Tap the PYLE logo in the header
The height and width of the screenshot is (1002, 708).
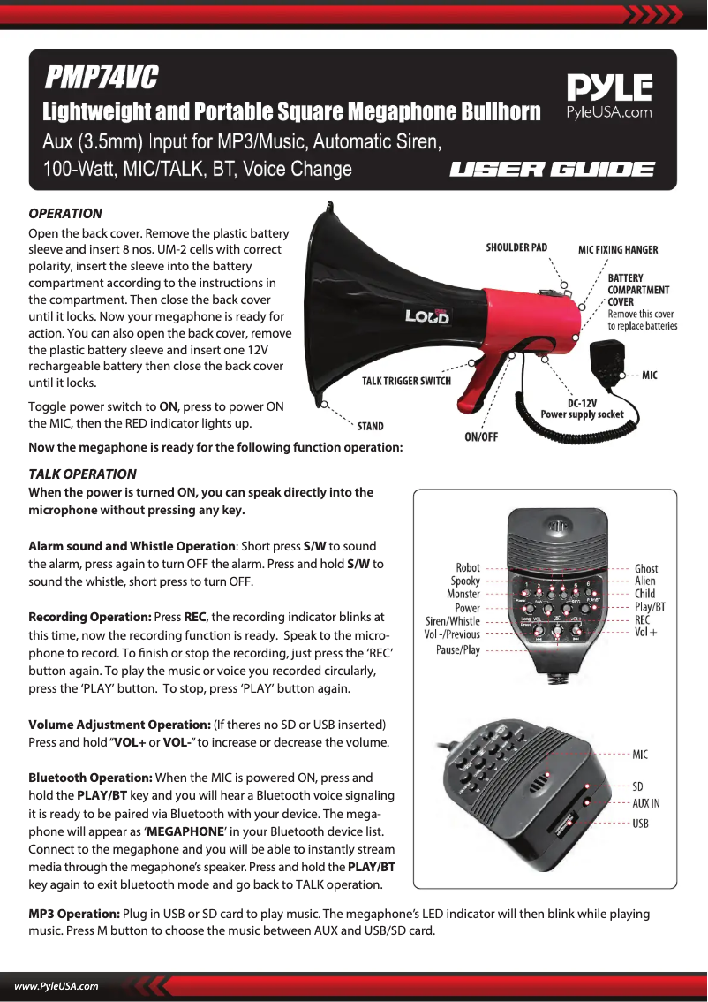609,89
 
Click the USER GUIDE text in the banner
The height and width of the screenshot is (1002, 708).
553,169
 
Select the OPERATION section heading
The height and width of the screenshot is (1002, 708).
65,214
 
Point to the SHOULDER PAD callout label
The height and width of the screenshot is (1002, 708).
516,247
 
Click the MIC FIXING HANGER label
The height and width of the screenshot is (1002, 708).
618,249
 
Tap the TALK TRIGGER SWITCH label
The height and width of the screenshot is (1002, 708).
407,381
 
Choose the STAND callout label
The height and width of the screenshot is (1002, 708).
370,426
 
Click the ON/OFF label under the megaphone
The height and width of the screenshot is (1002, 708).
481,436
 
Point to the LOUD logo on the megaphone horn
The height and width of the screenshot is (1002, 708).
427,315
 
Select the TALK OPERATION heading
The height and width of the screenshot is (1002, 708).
83,474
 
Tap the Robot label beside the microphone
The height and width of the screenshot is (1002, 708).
468,568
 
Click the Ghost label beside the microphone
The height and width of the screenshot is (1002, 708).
646,568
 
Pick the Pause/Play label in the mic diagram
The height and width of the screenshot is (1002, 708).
458,650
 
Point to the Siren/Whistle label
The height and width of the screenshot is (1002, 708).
453,621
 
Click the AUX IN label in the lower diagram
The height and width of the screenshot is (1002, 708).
646,803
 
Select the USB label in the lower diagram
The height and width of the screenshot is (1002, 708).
641,824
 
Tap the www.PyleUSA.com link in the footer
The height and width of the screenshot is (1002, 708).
56,986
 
